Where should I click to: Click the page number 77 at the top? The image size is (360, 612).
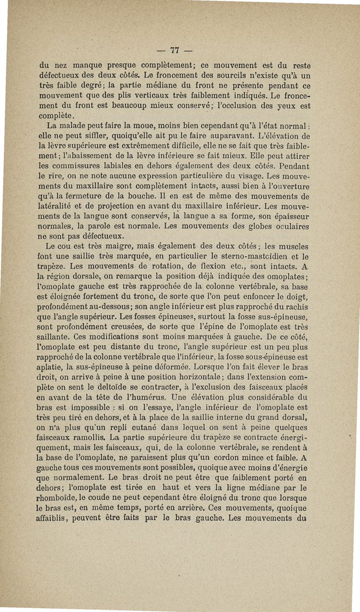point(181,49)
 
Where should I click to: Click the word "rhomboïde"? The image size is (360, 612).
point(58,497)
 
